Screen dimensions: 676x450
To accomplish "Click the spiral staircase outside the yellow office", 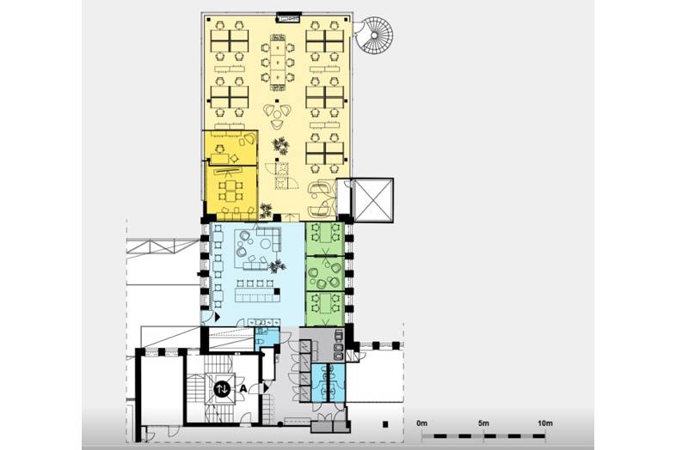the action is (374, 34).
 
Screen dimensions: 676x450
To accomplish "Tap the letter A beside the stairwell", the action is (243, 388).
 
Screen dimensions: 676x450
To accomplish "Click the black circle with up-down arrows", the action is (222, 389).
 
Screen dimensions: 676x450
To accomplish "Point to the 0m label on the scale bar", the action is (422, 423).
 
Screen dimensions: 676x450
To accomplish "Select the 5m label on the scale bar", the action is (483, 423).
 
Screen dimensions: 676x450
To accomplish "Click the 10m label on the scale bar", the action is (545, 423).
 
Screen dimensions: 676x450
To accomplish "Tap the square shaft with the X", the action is (373, 200).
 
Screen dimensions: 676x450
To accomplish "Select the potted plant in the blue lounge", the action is (277, 266).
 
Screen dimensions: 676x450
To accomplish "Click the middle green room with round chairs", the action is (324, 274).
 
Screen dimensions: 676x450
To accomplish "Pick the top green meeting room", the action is (324, 239).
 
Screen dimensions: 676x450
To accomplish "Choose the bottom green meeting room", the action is (324, 309).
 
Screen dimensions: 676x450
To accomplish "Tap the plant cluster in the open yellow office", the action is (280, 145).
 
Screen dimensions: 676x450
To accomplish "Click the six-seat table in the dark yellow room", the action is (230, 191).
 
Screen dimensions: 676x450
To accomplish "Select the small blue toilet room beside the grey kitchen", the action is (328, 383).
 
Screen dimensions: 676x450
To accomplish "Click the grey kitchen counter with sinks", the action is (339, 344).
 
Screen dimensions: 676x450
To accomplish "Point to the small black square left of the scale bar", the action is (385, 424).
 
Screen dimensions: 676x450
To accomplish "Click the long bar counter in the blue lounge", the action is (257, 295).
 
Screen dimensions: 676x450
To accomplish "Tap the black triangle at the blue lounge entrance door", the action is (218, 317).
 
